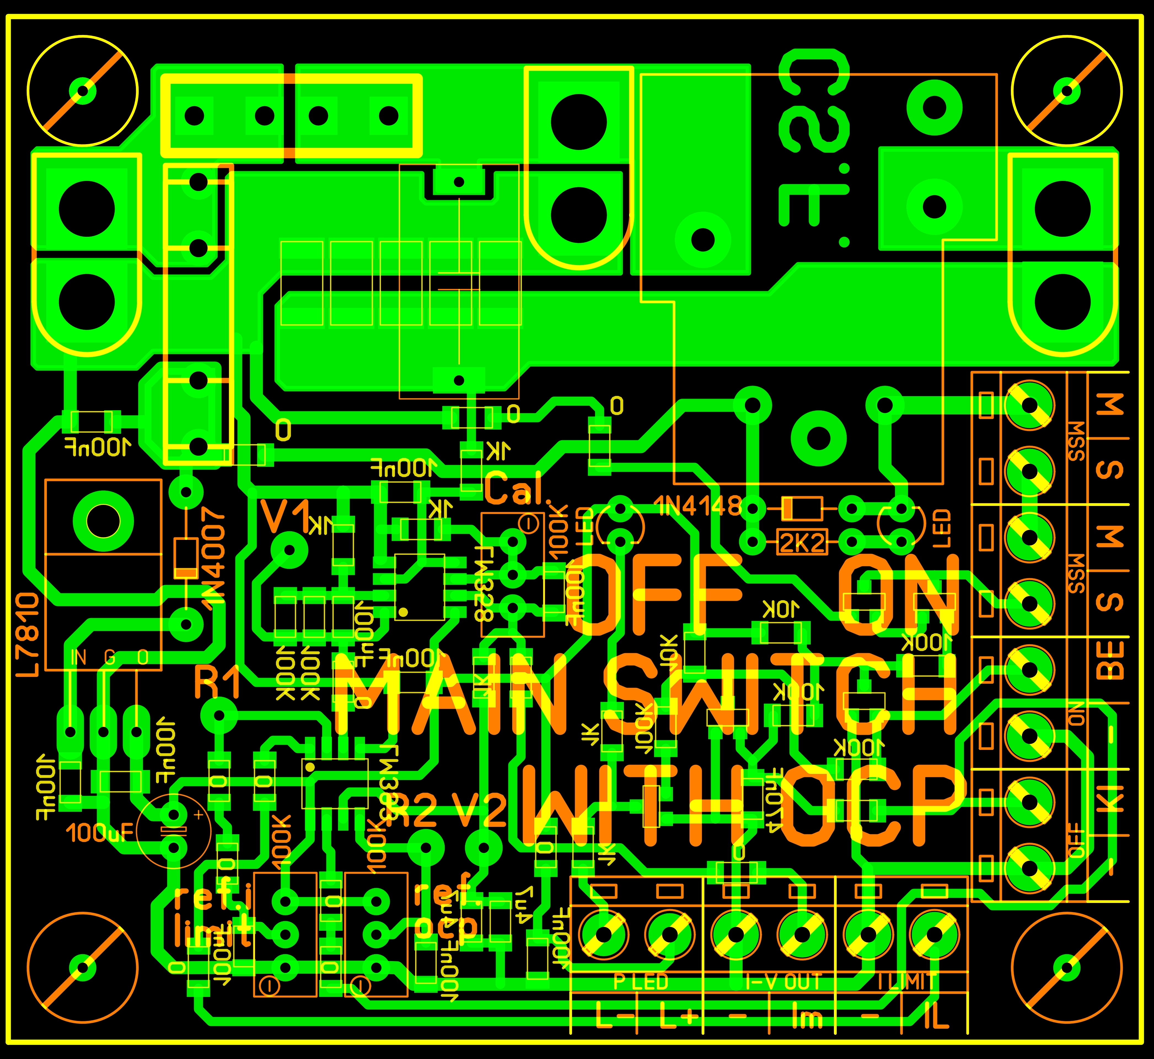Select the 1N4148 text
698,506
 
